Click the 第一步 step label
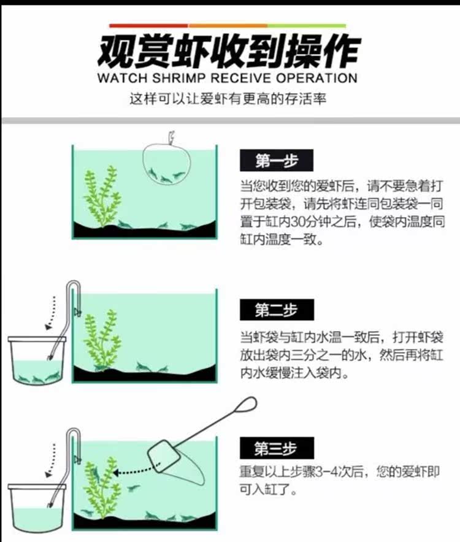click(277, 161)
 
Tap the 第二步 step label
click(277, 310)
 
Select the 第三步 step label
click(277, 448)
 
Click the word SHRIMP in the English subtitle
click(179, 78)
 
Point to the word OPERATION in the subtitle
click(316, 78)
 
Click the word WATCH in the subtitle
click(123, 78)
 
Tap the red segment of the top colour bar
click(148, 26)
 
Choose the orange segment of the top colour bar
click(228, 26)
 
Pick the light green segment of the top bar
click(307, 26)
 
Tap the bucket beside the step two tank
click(37, 360)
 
